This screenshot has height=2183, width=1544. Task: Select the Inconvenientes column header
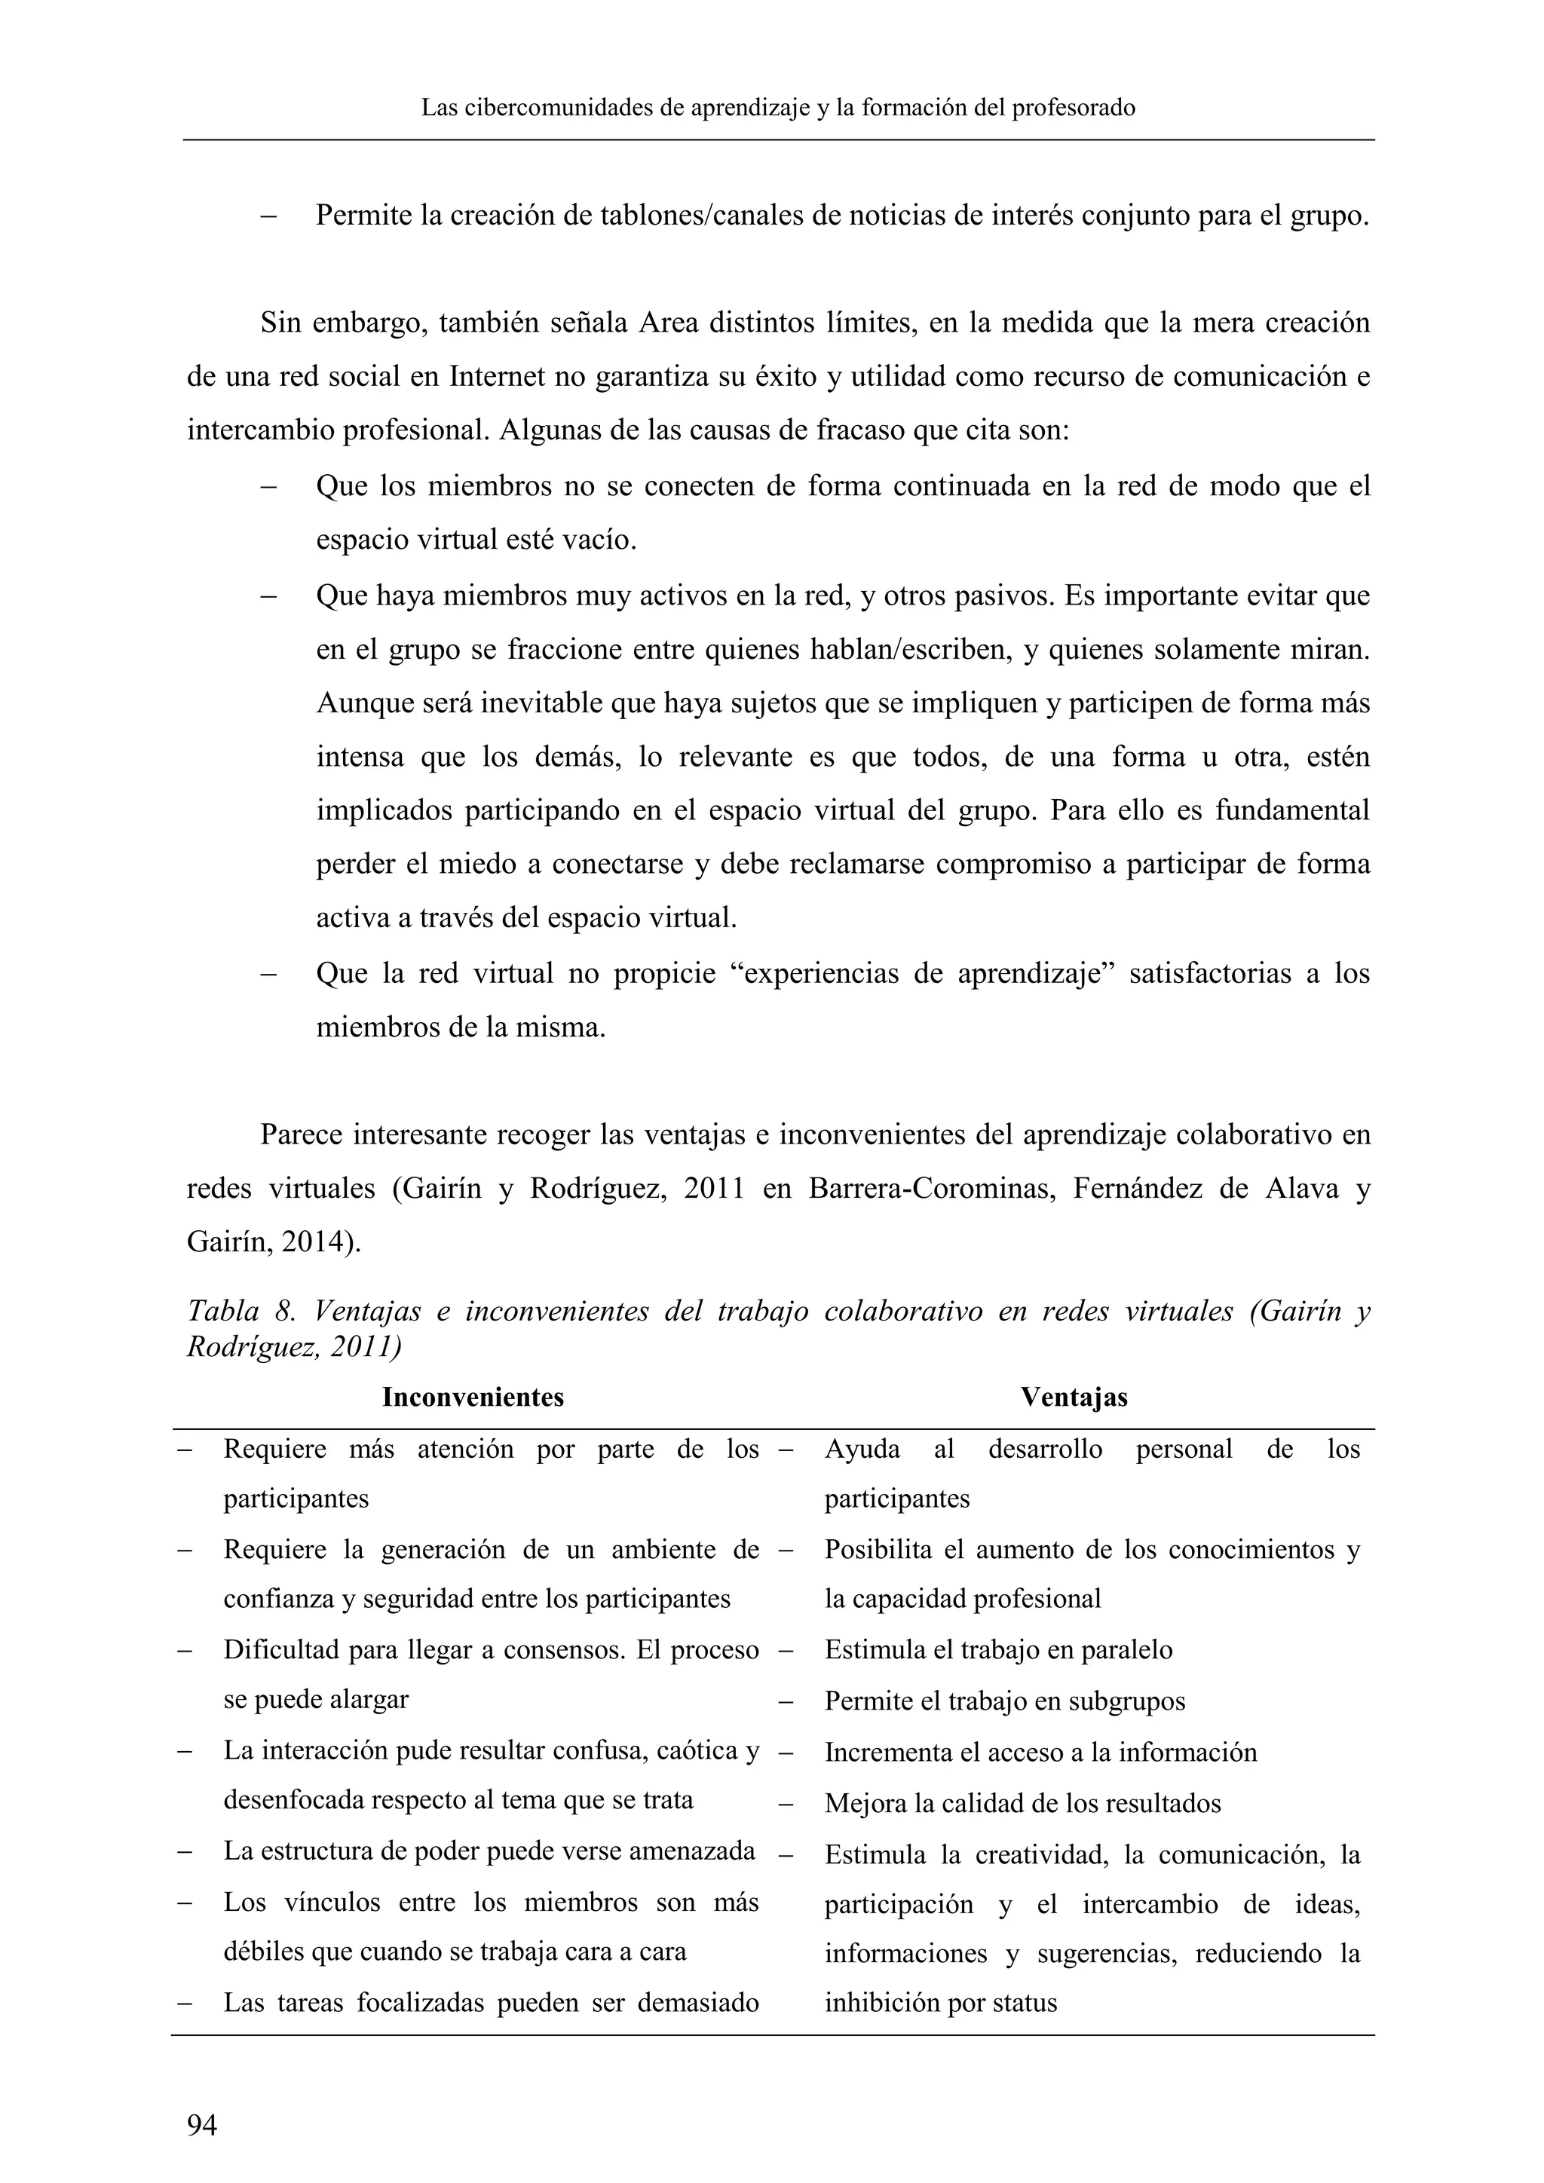point(473,1397)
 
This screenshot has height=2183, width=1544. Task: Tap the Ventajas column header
point(1074,1397)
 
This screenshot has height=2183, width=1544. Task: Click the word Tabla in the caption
point(222,1311)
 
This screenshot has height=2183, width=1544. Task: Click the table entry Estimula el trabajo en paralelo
point(998,1649)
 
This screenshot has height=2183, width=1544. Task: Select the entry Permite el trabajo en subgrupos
point(1005,1701)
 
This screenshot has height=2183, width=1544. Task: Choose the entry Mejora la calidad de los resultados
point(1023,1804)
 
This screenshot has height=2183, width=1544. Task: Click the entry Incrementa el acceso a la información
point(1041,1753)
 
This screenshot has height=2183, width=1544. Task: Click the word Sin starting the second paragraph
point(280,323)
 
